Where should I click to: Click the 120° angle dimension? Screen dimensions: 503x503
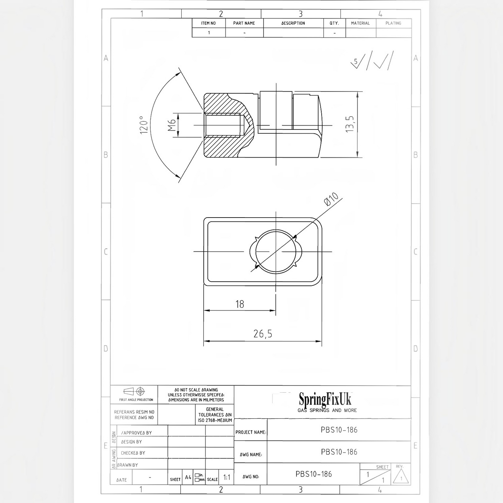[144, 125]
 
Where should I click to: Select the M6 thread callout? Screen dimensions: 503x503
[172, 125]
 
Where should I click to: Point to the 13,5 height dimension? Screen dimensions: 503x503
[349, 124]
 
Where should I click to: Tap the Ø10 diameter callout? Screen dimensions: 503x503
[331, 199]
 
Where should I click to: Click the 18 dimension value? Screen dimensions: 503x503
[239, 304]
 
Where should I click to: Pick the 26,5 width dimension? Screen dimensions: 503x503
[262, 333]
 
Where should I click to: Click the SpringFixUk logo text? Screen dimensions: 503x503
[325, 400]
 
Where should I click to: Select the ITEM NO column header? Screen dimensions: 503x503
[208, 23]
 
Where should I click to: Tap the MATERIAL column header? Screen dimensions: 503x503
[360, 23]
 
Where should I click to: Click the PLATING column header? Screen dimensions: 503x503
[393, 23]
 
